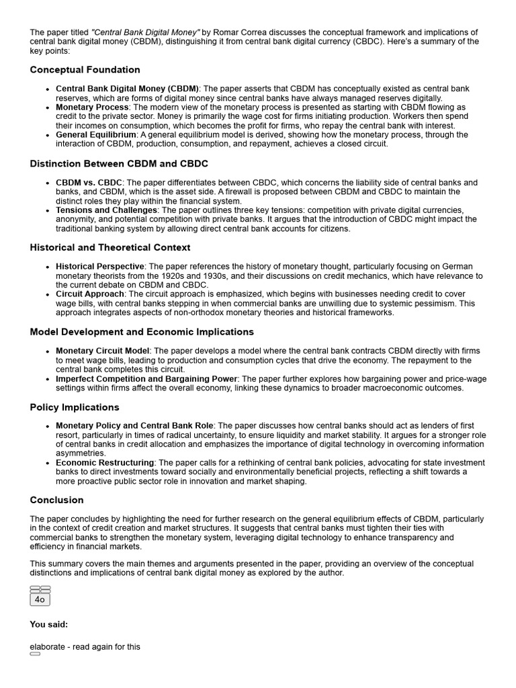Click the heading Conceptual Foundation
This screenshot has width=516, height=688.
click(x=85, y=70)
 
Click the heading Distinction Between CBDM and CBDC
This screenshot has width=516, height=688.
click(x=119, y=164)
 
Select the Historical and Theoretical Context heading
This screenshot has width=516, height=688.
click(x=110, y=248)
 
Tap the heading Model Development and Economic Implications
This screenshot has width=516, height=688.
click(x=142, y=332)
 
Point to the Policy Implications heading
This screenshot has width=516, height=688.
click(x=74, y=407)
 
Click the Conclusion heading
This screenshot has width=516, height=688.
click(x=56, y=500)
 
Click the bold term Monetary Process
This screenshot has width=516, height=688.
click(x=92, y=107)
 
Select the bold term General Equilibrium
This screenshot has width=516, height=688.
click(x=95, y=135)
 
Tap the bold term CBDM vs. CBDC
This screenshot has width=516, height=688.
click(x=89, y=183)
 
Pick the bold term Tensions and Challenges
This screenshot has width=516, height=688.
click(x=106, y=210)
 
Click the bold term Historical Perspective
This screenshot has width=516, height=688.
click(x=99, y=267)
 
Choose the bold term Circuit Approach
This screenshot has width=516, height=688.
click(x=89, y=294)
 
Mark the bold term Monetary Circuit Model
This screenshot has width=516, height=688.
click(x=103, y=351)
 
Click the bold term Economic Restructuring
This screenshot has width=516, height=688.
click(x=105, y=463)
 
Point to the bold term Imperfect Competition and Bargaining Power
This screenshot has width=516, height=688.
click(x=146, y=379)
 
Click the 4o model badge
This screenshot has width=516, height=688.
click(x=40, y=599)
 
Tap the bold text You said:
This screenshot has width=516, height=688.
click(x=48, y=625)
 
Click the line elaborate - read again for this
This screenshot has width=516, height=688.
click(x=85, y=647)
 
